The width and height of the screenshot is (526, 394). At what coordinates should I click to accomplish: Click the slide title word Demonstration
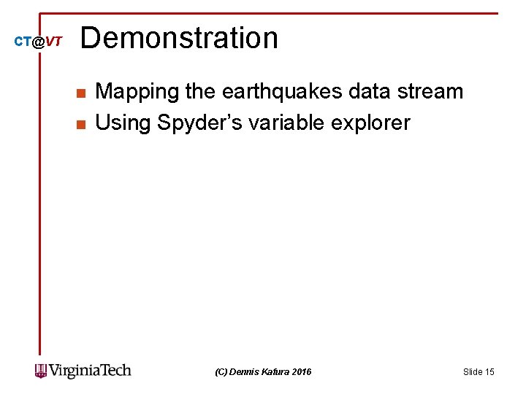(179, 38)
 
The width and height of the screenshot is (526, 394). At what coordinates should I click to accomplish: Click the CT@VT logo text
(39, 42)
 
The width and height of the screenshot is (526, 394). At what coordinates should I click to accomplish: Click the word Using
(122, 123)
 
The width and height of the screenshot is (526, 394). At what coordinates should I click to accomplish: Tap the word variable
(283, 123)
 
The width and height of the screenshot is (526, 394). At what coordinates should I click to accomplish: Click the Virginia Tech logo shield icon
(40, 371)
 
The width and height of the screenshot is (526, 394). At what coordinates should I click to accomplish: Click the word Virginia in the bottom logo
(75, 371)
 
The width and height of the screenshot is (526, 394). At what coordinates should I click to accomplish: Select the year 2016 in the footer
(302, 372)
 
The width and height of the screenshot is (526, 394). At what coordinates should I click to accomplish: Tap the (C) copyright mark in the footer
(221, 372)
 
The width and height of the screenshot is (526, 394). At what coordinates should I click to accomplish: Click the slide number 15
(489, 372)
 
